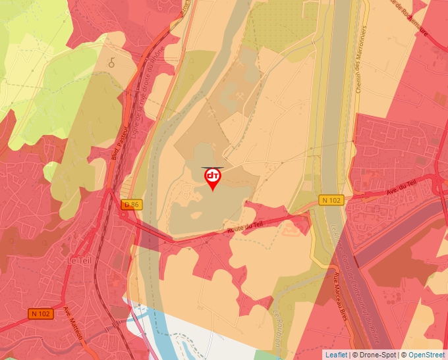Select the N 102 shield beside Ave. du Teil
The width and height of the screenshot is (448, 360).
(332, 199)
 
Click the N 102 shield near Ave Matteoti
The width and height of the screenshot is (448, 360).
(40, 313)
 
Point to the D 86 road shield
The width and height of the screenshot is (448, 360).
(132, 205)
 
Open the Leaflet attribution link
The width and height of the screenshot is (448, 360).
(337, 355)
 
